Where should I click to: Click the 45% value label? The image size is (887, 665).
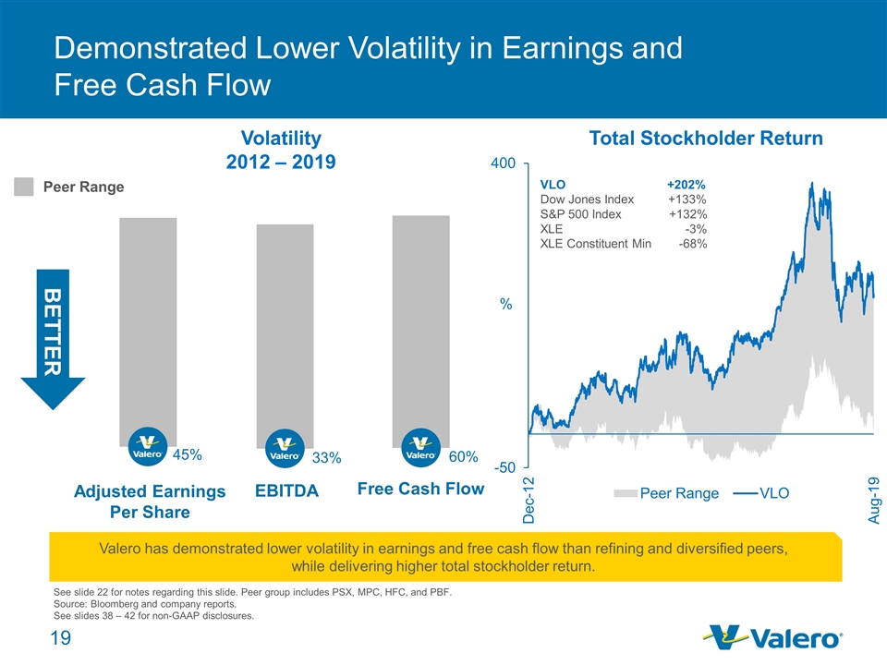pyautogui.click(x=187, y=454)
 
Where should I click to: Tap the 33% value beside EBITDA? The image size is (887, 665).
pyautogui.click(x=326, y=457)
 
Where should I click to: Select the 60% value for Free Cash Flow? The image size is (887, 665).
pyautogui.click(x=463, y=456)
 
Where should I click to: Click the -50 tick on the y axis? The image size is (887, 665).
pyautogui.click(x=504, y=469)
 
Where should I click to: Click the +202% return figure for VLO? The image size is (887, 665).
pyautogui.click(x=687, y=184)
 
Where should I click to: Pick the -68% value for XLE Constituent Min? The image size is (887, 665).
pyautogui.click(x=692, y=244)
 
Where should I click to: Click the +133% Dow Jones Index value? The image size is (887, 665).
pyautogui.click(x=687, y=199)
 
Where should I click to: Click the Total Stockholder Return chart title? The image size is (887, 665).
pyautogui.click(x=706, y=139)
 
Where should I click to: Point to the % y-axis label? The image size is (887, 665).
pyautogui.click(x=505, y=303)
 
